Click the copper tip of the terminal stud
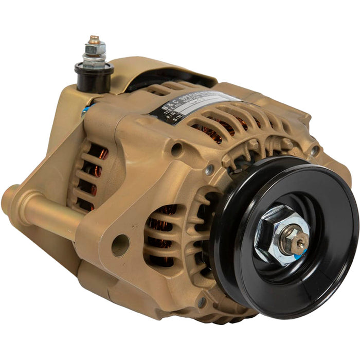[x=94, y=39]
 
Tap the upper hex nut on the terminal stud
[x=95, y=49]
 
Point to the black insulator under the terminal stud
[x=94, y=77]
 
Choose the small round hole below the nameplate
[x=176, y=150]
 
